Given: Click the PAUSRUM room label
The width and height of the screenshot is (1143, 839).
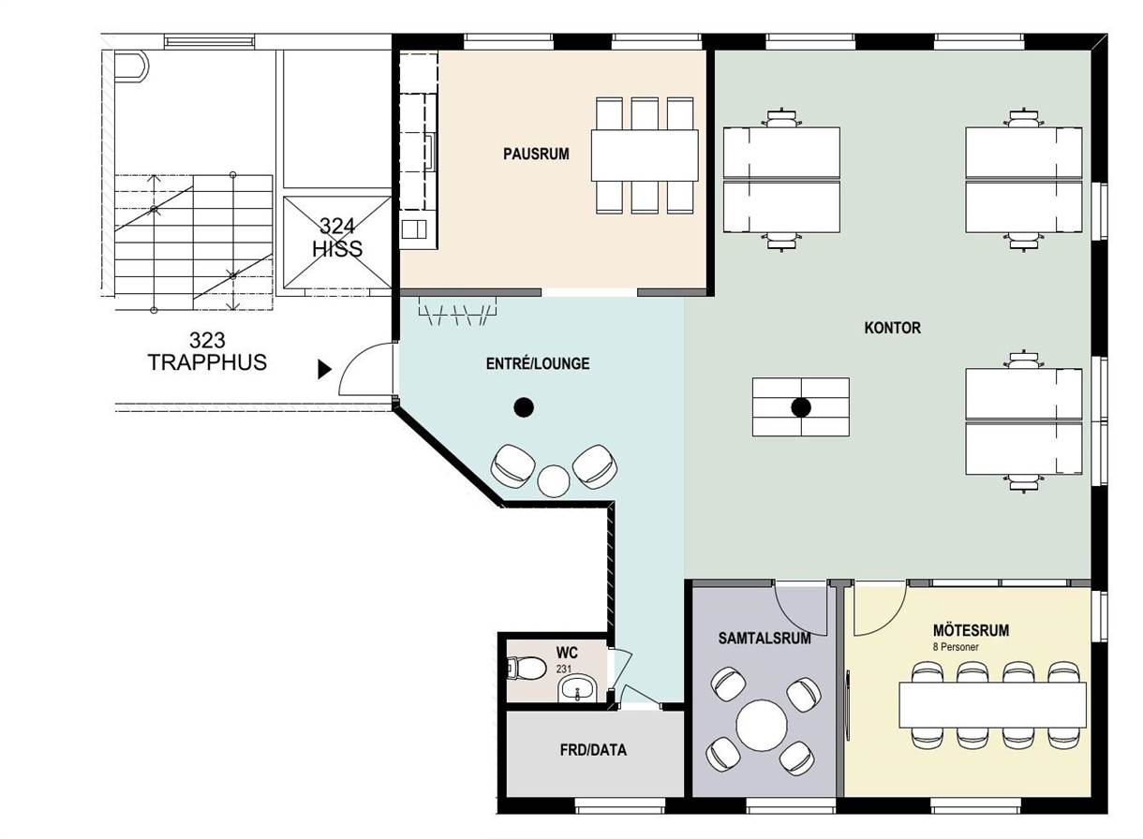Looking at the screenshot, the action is tap(536, 154).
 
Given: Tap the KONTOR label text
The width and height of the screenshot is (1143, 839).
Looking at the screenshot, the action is tap(893, 328).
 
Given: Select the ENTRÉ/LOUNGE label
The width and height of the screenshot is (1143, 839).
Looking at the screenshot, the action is tap(538, 363).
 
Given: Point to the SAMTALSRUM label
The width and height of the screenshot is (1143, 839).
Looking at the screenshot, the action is tap(764, 638).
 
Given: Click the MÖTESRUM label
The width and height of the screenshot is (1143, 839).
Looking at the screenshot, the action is tap(971, 630).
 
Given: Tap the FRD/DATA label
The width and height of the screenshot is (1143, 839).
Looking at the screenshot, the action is tap(593, 750).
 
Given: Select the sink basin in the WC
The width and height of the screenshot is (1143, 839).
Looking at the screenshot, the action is tap(577, 689).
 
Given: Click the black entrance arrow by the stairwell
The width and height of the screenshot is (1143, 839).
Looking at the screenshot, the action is tap(324, 369).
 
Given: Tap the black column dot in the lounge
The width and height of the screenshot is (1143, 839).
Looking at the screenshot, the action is tap(524, 407).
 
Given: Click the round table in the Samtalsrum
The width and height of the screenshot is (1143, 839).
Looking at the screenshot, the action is tap(762, 725).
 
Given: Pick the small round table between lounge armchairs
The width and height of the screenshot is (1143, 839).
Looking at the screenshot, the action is tap(553, 480).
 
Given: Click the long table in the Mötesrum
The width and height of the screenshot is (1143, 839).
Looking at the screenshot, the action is tap(992, 705).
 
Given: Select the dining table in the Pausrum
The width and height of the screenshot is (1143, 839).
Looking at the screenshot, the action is tap(645, 155).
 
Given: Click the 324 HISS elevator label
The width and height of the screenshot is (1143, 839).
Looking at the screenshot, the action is tap(337, 238).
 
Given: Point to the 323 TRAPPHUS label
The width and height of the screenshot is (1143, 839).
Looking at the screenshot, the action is tap(207, 351).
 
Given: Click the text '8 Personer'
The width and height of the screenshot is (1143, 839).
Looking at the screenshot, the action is tap(956, 647).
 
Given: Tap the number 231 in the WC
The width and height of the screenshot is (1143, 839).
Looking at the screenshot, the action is tap(564, 669).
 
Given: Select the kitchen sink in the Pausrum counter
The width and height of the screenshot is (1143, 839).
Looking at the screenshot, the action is tap(414, 229).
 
